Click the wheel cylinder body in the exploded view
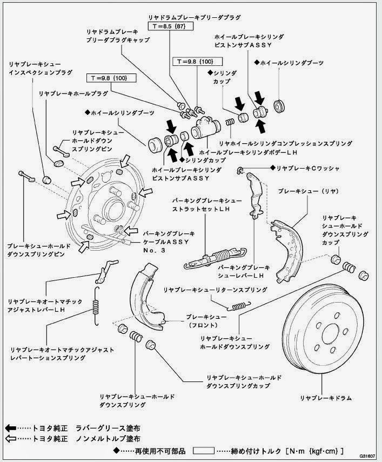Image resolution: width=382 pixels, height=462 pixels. pyautogui.click(x=205, y=128)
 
